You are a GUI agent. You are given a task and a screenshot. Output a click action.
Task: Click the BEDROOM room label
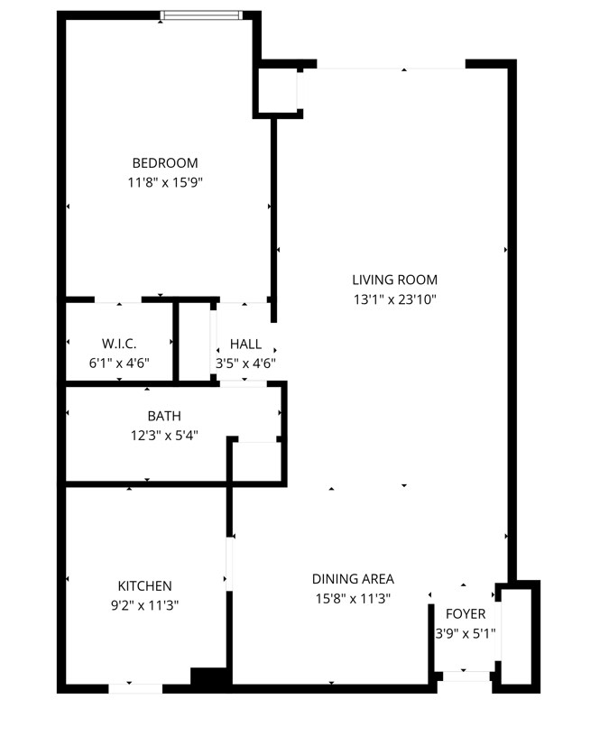165,163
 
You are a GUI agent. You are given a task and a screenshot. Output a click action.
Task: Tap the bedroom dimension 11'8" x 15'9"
165,182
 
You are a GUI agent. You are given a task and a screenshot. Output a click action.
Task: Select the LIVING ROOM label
395,280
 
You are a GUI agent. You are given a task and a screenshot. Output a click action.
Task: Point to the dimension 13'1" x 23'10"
395,299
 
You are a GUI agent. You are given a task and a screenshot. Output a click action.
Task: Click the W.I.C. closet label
119,344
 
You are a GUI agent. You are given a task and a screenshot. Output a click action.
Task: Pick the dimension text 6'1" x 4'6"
119,363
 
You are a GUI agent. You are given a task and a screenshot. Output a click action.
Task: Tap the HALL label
245,344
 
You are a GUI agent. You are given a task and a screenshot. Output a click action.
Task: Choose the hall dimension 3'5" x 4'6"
245,363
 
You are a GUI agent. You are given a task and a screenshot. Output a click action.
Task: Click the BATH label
164,416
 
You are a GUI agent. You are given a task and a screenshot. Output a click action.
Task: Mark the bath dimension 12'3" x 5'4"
164,436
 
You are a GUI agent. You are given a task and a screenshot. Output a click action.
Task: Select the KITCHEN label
144,585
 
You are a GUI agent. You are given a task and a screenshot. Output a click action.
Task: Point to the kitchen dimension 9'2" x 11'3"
144,605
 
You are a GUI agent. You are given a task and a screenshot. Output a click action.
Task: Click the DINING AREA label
353,579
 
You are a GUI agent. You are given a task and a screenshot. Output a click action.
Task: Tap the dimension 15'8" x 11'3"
353,599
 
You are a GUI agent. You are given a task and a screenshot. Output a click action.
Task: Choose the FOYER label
466,614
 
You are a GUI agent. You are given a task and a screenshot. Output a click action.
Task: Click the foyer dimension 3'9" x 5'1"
466,634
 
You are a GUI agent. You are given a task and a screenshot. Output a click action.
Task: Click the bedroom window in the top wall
201,15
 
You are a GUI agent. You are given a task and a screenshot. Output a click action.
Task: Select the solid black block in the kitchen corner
211,677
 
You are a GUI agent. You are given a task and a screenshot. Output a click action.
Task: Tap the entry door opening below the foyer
466,676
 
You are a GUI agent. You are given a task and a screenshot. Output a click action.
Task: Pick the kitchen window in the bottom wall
135,688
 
